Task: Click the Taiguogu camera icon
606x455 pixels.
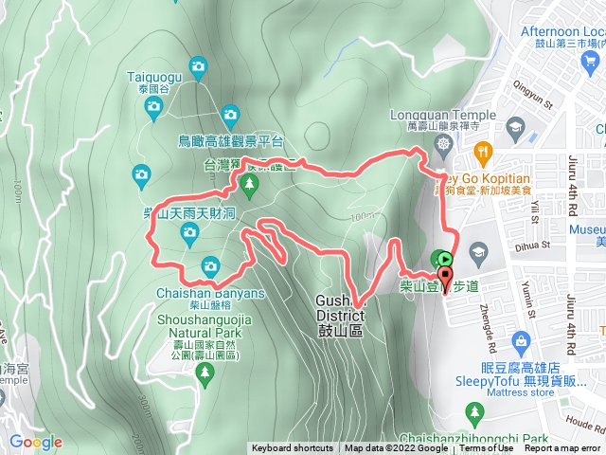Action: click(199, 65)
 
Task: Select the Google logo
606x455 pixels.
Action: click(35, 442)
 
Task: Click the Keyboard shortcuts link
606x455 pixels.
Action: click(292, 448)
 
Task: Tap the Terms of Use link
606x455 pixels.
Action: click(486, 448)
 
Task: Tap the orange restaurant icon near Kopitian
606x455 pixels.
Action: click(484, 150)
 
